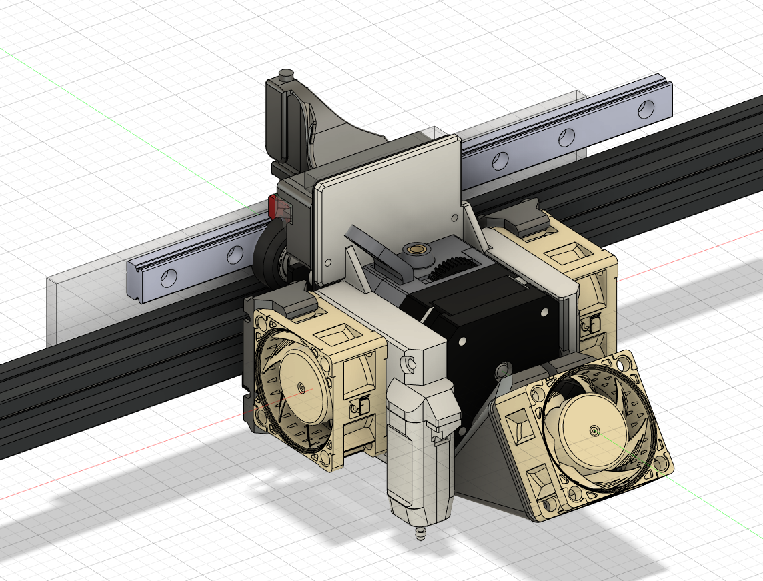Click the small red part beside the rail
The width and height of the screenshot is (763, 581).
tap(272, 205)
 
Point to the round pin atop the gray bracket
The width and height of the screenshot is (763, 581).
tap(287, 72)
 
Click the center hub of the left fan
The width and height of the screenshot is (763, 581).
tap(301, 387)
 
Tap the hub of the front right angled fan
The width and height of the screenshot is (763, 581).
tap(593, 430)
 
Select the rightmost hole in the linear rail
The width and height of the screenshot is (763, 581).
tap(646, 108)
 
